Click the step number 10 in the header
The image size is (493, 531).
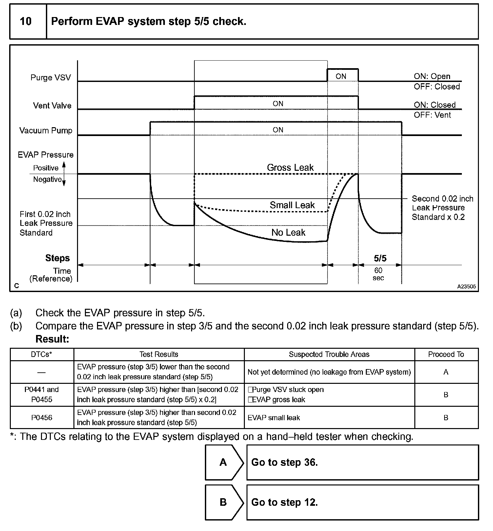(x=26, y=22)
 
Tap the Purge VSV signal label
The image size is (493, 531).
(x=50, y=78)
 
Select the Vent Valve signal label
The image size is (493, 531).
(x=52, y=106)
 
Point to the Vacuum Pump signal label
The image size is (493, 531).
(x=46, y=130)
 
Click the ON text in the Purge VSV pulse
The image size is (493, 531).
(x=341, y=76)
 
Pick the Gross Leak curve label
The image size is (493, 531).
(x=290, y=167)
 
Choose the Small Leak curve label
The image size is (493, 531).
(x=292, y=205)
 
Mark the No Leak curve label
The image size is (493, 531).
(x=288, y=232)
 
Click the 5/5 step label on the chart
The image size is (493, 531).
(x=380, y=258)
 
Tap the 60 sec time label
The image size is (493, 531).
(x=378, y=274)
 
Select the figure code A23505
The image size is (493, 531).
(x=466, y=286)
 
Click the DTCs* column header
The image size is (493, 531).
(x=42, y=354)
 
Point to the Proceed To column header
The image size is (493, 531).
(x=446, y=354)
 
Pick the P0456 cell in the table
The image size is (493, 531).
(x=42, y=418)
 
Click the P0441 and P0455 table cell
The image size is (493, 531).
(x=42, y=395)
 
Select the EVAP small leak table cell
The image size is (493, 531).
(x=274, y=418)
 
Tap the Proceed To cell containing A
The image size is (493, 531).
(x=446, y=372)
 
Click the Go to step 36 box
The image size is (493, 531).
(x=362, y=462)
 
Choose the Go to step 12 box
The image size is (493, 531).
(x=362, y=502)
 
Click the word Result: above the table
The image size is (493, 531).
(x=52, y=339)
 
